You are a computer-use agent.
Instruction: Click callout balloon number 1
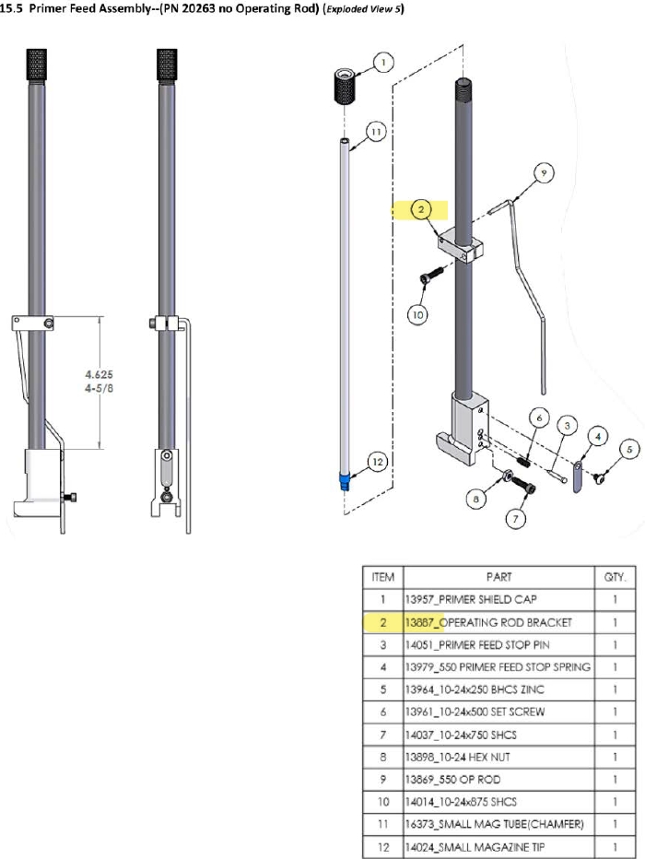[x=382, y=63]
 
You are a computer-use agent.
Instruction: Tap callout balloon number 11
[x=374, y=132]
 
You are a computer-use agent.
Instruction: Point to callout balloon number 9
[x=543, y=171]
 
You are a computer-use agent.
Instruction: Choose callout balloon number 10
[x=419, y=314]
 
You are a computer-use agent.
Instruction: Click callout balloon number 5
[x=630, y=449]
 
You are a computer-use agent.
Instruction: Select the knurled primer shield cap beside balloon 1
[x=345, y=88]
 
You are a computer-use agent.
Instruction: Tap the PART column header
[x=498, y=578]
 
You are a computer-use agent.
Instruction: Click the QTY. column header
[x=615, y=578]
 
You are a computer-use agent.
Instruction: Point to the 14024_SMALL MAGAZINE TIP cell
[x=479, y=846]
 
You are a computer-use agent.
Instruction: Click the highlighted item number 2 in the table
[x=383, y=623]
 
